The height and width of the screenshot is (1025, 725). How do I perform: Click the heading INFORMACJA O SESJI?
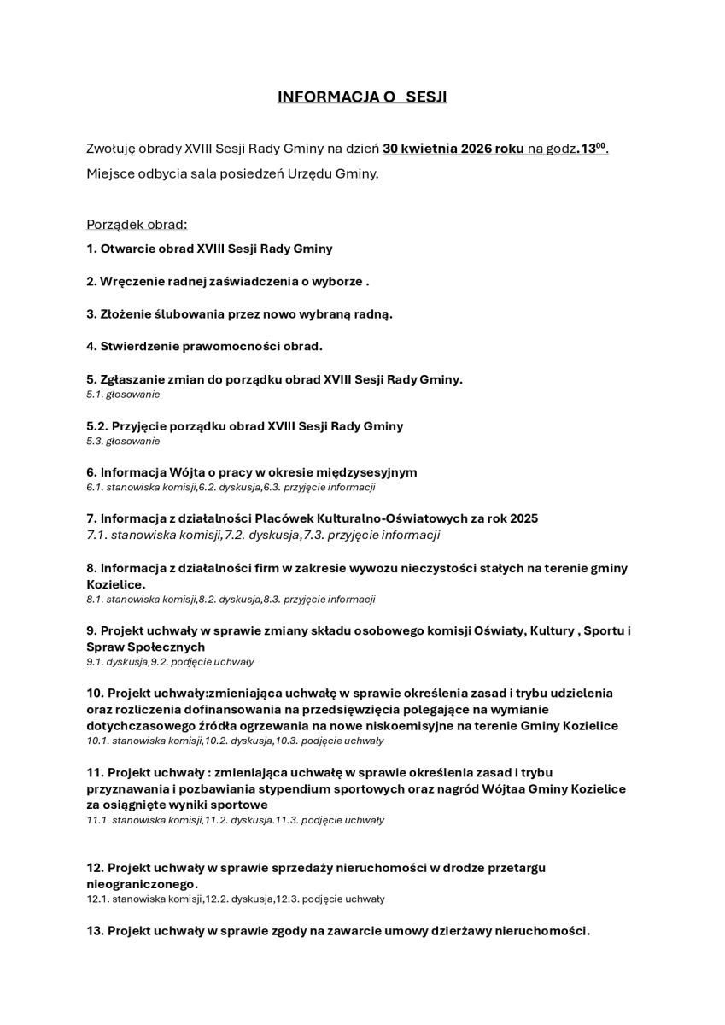point(362,97)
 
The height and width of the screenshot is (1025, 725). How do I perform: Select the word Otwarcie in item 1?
point(127,249)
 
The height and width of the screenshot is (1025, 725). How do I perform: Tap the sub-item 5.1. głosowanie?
point(123,394)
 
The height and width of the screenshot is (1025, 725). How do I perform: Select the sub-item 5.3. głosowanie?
point(123,441)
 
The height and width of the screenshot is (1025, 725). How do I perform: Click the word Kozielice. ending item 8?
point(116,584)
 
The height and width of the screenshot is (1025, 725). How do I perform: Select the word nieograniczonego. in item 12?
point(143,883)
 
